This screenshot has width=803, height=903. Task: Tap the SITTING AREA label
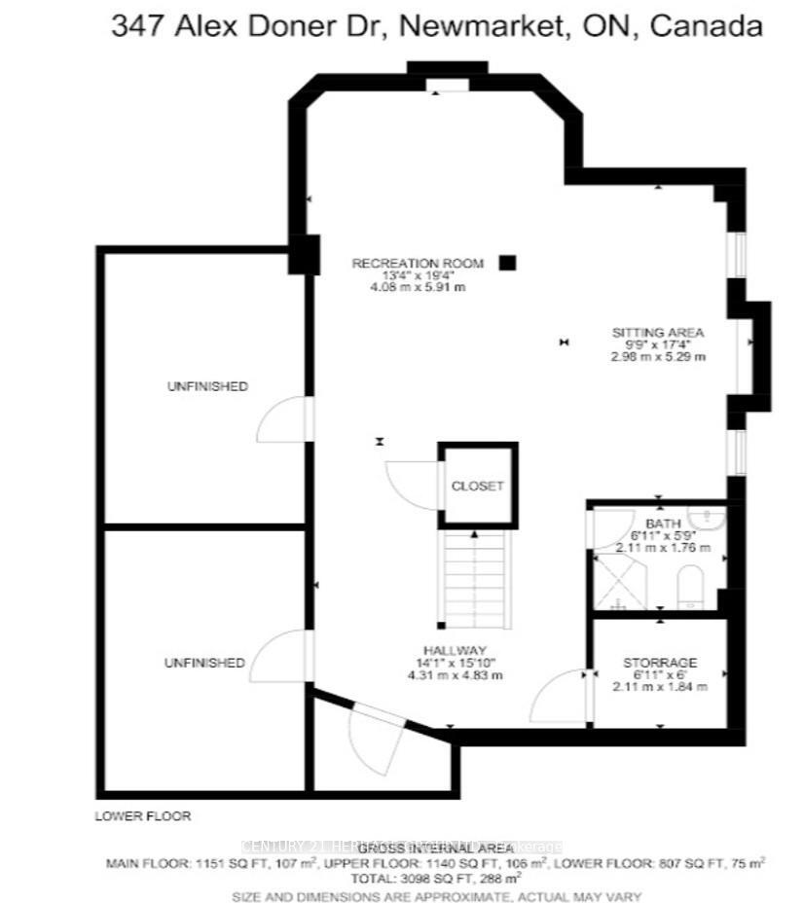(x=657, y=332)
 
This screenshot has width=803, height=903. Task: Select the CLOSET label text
(x=477, y=487)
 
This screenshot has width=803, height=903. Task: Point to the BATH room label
(x=658, y=523)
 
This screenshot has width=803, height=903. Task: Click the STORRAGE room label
(x=660, y=663)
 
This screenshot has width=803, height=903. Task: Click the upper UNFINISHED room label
(x=207, y=386)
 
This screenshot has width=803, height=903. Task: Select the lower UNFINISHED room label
(x=204, y=663)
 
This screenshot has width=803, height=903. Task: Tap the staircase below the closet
(x=474, y=578)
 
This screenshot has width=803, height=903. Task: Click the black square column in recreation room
(x=507, y=262)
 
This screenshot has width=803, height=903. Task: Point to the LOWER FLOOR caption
(x=143, y=815)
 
